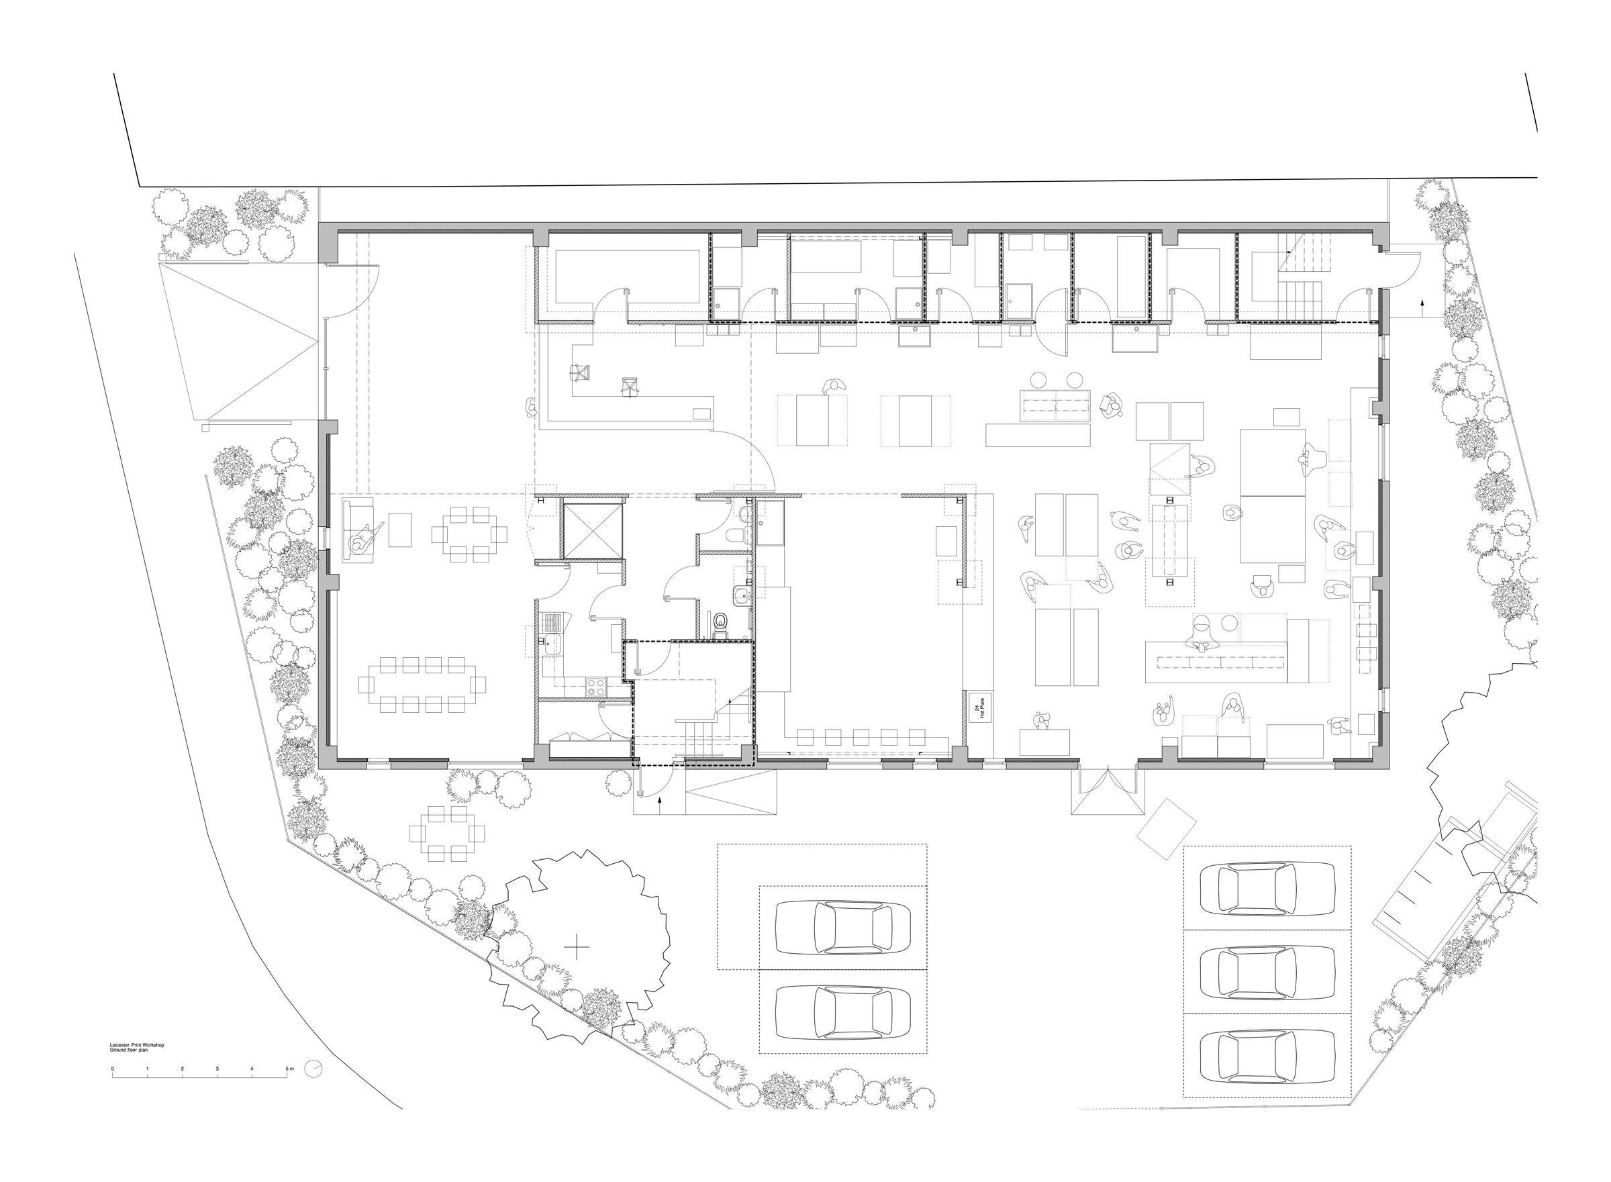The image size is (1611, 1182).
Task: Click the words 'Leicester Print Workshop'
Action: pos(137,1045)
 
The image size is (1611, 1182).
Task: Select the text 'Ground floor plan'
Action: pos(129,1050)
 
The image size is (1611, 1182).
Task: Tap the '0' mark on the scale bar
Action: pos(112,1069)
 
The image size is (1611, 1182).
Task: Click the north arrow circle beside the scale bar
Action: pos(313,1069)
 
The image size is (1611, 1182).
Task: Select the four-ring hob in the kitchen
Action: pos(595,687)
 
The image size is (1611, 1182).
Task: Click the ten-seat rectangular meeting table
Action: pos(422,685)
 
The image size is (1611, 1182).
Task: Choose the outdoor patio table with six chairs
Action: pos(447,834)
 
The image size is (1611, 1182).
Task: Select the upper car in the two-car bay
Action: pos(842,928)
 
